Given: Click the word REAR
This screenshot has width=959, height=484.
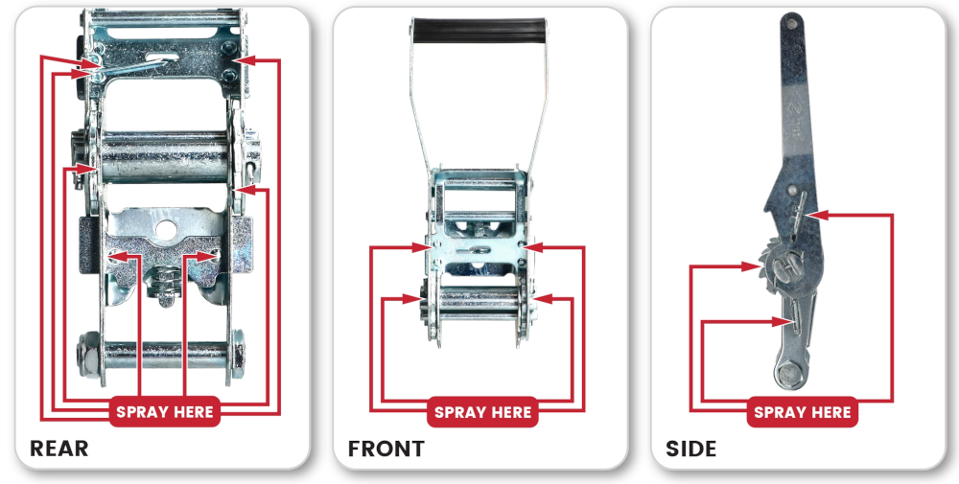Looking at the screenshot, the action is click(58, 449).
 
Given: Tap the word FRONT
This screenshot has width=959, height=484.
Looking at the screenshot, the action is click(386, 449).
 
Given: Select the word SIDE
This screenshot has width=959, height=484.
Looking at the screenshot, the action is click(691, 449).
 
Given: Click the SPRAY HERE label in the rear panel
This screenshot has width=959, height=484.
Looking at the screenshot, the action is click(165, 411).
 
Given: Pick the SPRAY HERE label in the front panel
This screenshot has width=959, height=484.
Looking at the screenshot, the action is click(482, 411).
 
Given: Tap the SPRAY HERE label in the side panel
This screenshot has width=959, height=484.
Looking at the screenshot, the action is click(802, 411).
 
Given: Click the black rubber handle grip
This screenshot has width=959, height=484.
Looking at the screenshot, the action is click(479, 30).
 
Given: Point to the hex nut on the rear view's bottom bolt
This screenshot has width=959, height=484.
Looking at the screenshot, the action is click(89, 355).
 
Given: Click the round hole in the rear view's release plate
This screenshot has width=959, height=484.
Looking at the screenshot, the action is click(166, 230).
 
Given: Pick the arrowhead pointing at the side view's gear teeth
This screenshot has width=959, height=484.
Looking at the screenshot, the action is click(750, 265).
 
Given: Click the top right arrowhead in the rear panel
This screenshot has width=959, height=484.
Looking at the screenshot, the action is click(245, 59).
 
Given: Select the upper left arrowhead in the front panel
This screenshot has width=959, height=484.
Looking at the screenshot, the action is click(422, 247).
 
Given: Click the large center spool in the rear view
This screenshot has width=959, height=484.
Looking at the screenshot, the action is click(165, 156).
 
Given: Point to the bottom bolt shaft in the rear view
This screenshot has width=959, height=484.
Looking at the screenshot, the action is click(164, 355).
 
